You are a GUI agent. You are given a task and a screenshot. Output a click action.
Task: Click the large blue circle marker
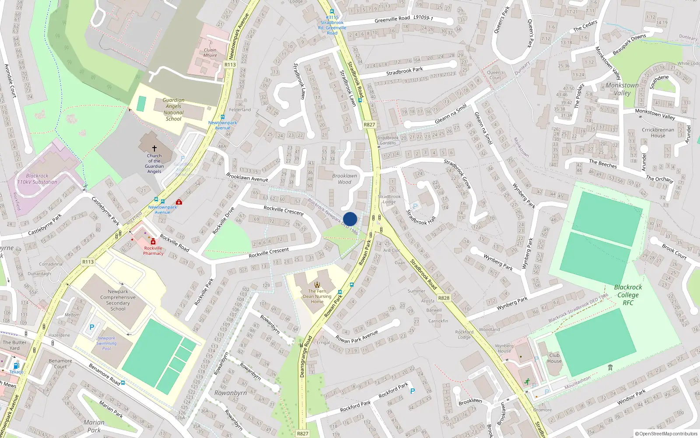tap(350, 219)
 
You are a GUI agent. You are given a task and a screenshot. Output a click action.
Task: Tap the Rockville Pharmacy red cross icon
tap(153, 242)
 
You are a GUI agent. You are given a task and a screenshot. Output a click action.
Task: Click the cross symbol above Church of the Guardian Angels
tap(154, 148)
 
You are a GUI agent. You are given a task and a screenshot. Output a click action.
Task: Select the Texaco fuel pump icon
tap(16, 366)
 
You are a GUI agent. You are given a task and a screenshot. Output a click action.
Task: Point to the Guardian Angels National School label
tap(174, 109)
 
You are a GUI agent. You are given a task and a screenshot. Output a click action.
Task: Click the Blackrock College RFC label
tap(628, 295)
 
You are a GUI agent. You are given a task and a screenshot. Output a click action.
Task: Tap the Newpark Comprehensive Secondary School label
tap(118, 300)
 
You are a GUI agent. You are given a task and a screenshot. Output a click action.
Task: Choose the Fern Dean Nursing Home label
tap(317, 296)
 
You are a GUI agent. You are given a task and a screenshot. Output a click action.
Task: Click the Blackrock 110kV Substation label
tap(37, 179)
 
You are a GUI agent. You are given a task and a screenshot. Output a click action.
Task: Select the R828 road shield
tap(444, 298)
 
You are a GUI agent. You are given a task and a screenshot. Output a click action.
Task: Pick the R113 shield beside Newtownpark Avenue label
tap(230, 64)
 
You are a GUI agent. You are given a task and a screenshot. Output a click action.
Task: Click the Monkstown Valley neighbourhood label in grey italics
tap(622, 89)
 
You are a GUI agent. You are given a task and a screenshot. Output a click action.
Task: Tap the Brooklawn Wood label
tap(344, 179)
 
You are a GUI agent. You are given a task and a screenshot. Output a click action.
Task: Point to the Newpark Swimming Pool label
tap(106, 343)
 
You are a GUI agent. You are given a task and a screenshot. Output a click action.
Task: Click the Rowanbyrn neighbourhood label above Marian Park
tap(231, 393)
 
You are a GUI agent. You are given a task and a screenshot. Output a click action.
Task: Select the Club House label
tap(554, 358)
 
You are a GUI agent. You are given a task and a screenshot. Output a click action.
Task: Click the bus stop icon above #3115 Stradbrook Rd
tap(332, 12)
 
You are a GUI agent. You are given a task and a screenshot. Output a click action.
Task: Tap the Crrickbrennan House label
tap(658, 132)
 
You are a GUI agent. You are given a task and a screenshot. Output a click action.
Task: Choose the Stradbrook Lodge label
tap(389, 199)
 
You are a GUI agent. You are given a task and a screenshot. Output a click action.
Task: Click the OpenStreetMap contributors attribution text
tap(666, 434)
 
